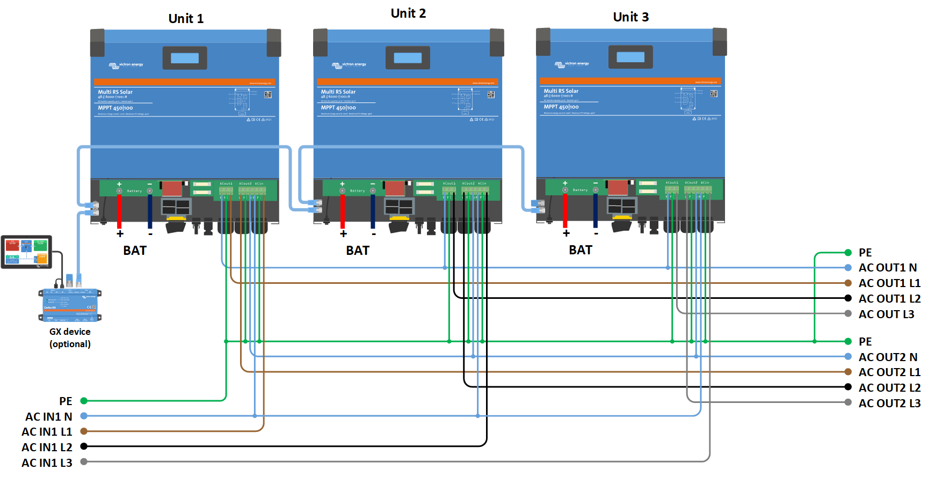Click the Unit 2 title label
tap(408, 13)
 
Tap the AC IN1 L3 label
tap(47, 463)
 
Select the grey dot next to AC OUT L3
tap(848, 313)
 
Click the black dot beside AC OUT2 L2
tap(848, 387)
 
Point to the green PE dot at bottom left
tap(84, 401)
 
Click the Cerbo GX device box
tap(70, 305)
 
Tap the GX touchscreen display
tap(27, 252)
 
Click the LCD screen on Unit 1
tap(185, 58)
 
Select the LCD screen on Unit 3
tap(630, 57)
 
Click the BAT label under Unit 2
tap(358, 251)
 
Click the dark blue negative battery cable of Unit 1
tap(150, 211)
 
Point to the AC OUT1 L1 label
tap(889, 283)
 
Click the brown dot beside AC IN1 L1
tap(84, 431)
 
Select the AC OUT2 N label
tap(888, 357)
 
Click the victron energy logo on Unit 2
tap(349, 65)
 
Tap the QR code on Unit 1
tap(268, 94)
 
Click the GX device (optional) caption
tap(70, 337)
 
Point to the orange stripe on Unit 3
tap(630, 82)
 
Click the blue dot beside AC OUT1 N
tap(848, 267)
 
